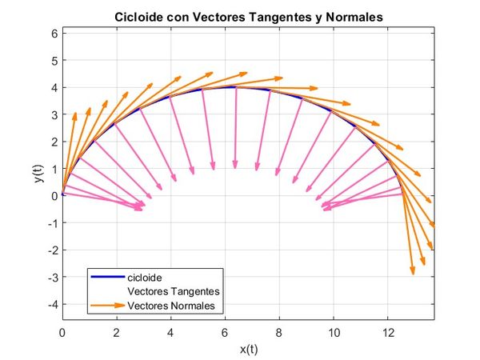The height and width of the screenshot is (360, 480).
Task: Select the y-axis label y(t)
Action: coord(37,177)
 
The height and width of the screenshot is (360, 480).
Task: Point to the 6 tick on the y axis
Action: coord(54,33)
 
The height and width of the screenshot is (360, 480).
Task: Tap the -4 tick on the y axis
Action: coord(51,305)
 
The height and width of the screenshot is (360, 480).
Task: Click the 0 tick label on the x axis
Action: coord(62,330)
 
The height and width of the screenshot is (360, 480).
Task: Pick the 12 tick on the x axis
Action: coord(388,330)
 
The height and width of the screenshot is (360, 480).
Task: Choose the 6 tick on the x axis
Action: coord(225,330)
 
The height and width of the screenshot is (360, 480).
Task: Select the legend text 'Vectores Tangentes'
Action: coord(174,291)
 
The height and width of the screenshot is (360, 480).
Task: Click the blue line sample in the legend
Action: coord(109,278)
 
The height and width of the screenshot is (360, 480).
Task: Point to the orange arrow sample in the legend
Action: coord(109,305)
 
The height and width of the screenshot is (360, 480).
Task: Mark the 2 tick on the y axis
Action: coord(54,142)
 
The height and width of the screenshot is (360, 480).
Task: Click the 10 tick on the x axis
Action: coord(334,330)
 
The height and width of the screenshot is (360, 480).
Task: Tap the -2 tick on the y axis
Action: coord(51,250)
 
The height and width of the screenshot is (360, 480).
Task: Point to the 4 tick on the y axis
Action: coord(54,87)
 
